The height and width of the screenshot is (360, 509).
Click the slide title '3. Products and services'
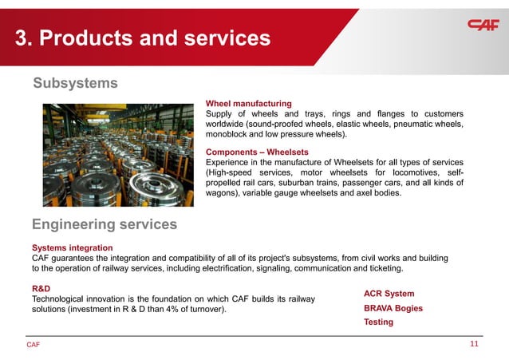tap(143, 38)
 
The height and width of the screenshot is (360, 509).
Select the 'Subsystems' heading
tap(75, 83)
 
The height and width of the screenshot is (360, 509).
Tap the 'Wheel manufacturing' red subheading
tap(248, 104)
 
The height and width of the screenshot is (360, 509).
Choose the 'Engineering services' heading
tap(104, 224)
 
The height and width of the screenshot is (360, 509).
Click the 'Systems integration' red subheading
tap(72, 247)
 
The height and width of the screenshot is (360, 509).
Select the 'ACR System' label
tap(389, 294)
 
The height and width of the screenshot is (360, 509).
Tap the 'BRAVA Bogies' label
tap(393, 308)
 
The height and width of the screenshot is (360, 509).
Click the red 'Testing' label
tap(378, 322)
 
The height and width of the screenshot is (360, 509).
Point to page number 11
tap(474, 344)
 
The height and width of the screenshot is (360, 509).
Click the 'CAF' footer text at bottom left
tap(33, 345)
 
